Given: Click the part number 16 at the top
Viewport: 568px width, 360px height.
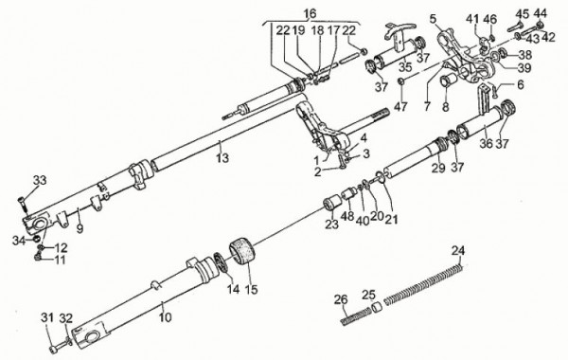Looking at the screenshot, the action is click(x=310, y=14).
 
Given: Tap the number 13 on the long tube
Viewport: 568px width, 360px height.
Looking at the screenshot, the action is click(x=222, y=158).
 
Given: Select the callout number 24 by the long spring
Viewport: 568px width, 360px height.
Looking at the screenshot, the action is click(x=458, y=251).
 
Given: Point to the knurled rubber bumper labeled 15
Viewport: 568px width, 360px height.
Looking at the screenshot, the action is click(x=240, y=252).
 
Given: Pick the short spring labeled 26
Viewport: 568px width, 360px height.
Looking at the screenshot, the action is click(x=356, y=315).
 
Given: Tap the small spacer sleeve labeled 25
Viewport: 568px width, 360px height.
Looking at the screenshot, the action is click(x=377, y=309).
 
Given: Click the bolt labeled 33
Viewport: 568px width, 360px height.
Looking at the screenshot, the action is click(x=23, y=205).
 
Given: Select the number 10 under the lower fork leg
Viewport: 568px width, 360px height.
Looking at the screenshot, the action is click(x=165, y=317).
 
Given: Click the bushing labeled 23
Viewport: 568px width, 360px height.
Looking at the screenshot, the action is click(x=332, y=203).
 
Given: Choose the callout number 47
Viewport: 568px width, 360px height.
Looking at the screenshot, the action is click(x=400, y=107).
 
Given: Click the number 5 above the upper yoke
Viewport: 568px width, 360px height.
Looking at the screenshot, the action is click(x=434, y=19).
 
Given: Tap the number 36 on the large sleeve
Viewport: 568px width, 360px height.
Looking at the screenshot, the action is click(x=487, y=144).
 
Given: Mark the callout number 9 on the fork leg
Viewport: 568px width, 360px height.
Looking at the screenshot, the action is click(x=80, y=229).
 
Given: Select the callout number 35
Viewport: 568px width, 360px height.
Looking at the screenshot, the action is click(x=406, y=67).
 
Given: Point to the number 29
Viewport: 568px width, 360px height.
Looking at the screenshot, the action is click(x=437, y=168).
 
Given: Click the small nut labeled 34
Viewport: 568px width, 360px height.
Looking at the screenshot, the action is click(x=36, y=240).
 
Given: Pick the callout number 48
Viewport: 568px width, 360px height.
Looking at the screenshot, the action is click(x=347, y=217).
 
